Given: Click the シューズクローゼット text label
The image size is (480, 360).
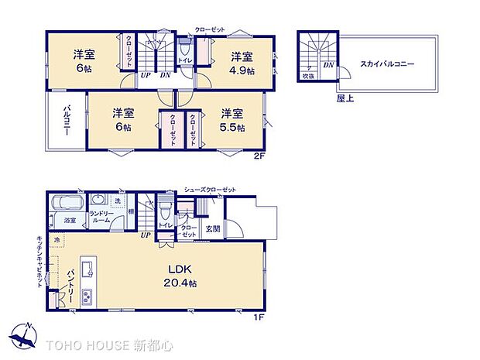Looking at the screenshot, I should tap(210, 189).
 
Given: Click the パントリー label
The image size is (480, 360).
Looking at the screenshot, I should tap(68, 284).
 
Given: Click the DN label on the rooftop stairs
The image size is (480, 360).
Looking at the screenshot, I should tap(328, 66).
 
